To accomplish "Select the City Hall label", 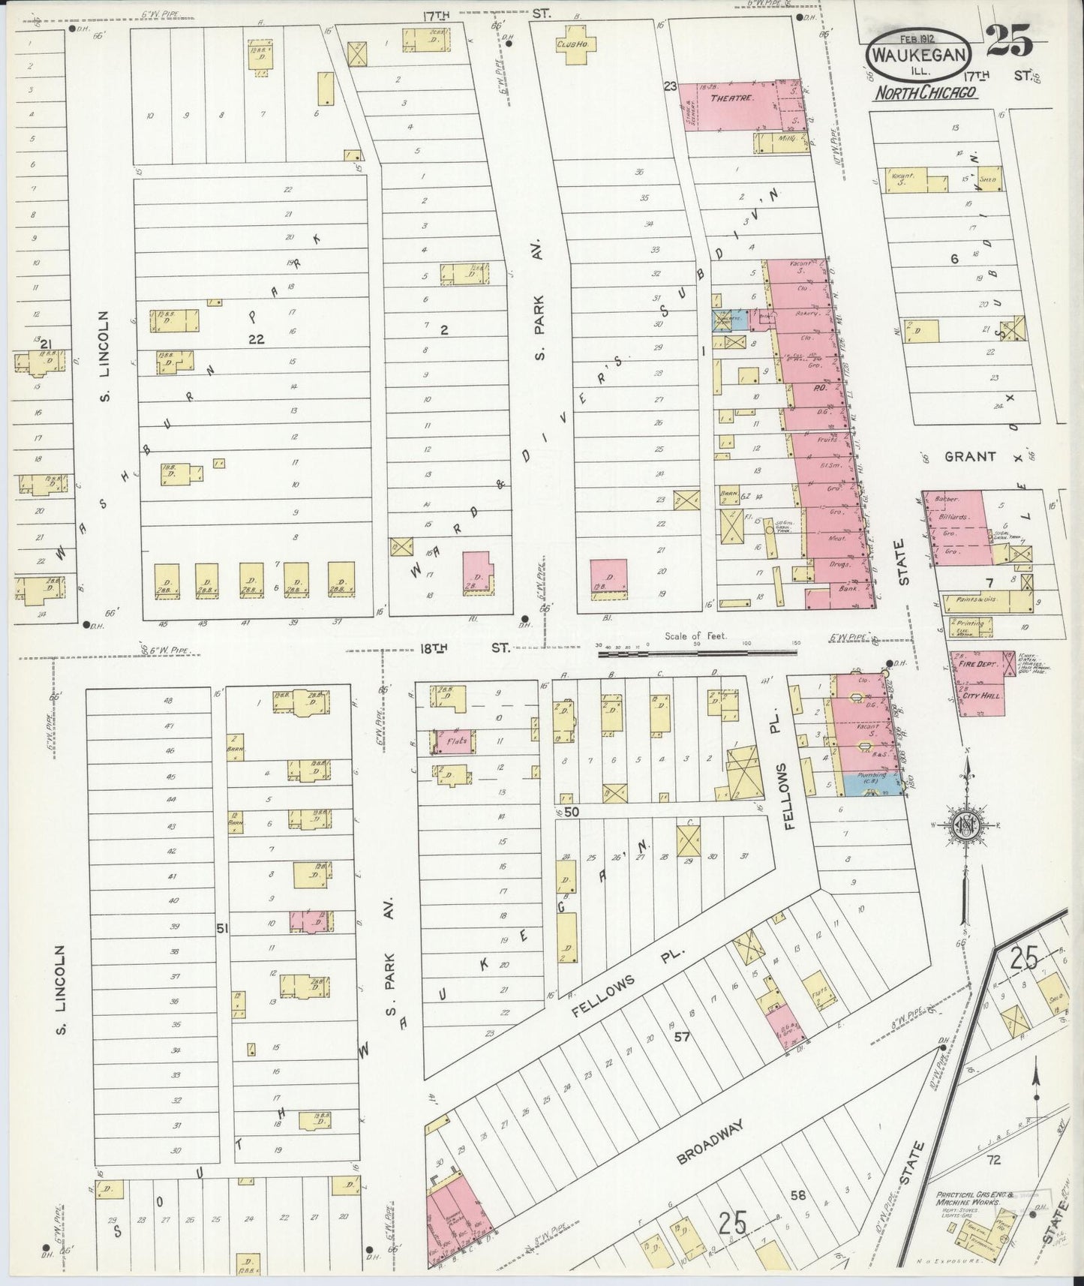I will pyautogui.click(x=980, y=696).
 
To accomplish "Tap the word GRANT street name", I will pyautogui.click(x=970, y=456).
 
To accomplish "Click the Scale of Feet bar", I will pyautogui.click(x=696, y=653).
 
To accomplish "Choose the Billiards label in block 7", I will pyautogui.click(x=953, y=516).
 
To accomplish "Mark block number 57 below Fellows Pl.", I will pyautogui.click(x=681, y=1038).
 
